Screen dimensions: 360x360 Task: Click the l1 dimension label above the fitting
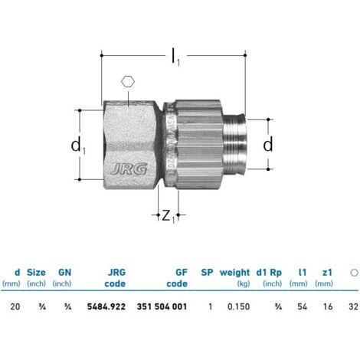click(175, 57)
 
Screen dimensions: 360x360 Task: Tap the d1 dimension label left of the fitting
click(78, 146)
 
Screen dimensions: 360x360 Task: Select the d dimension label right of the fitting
click(268, 145)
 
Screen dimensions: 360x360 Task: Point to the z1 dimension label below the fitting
click(169, 217)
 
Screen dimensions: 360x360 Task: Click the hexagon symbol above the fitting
click(128, 82)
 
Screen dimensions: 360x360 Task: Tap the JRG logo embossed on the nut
click(129, 169)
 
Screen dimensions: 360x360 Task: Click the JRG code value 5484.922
click(106, 306)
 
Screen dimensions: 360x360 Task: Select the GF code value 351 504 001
click(162, 306)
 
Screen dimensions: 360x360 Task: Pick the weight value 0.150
click(238, 306)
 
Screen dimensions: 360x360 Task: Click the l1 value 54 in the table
click(302, 306)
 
